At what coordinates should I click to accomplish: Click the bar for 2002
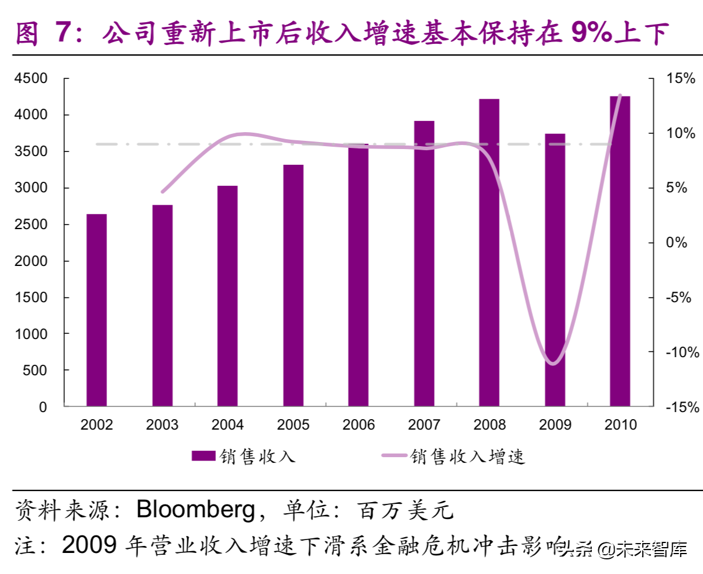pos(97,310)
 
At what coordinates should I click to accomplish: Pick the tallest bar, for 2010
pos(620,251)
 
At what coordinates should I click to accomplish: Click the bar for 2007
pos(425,263)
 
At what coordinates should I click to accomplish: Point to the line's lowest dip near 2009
pos(553,363)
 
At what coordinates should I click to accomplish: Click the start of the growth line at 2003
pos(163,192)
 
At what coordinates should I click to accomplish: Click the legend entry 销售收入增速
pos(468,457)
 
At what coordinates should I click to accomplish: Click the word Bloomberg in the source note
pos(195,510)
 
